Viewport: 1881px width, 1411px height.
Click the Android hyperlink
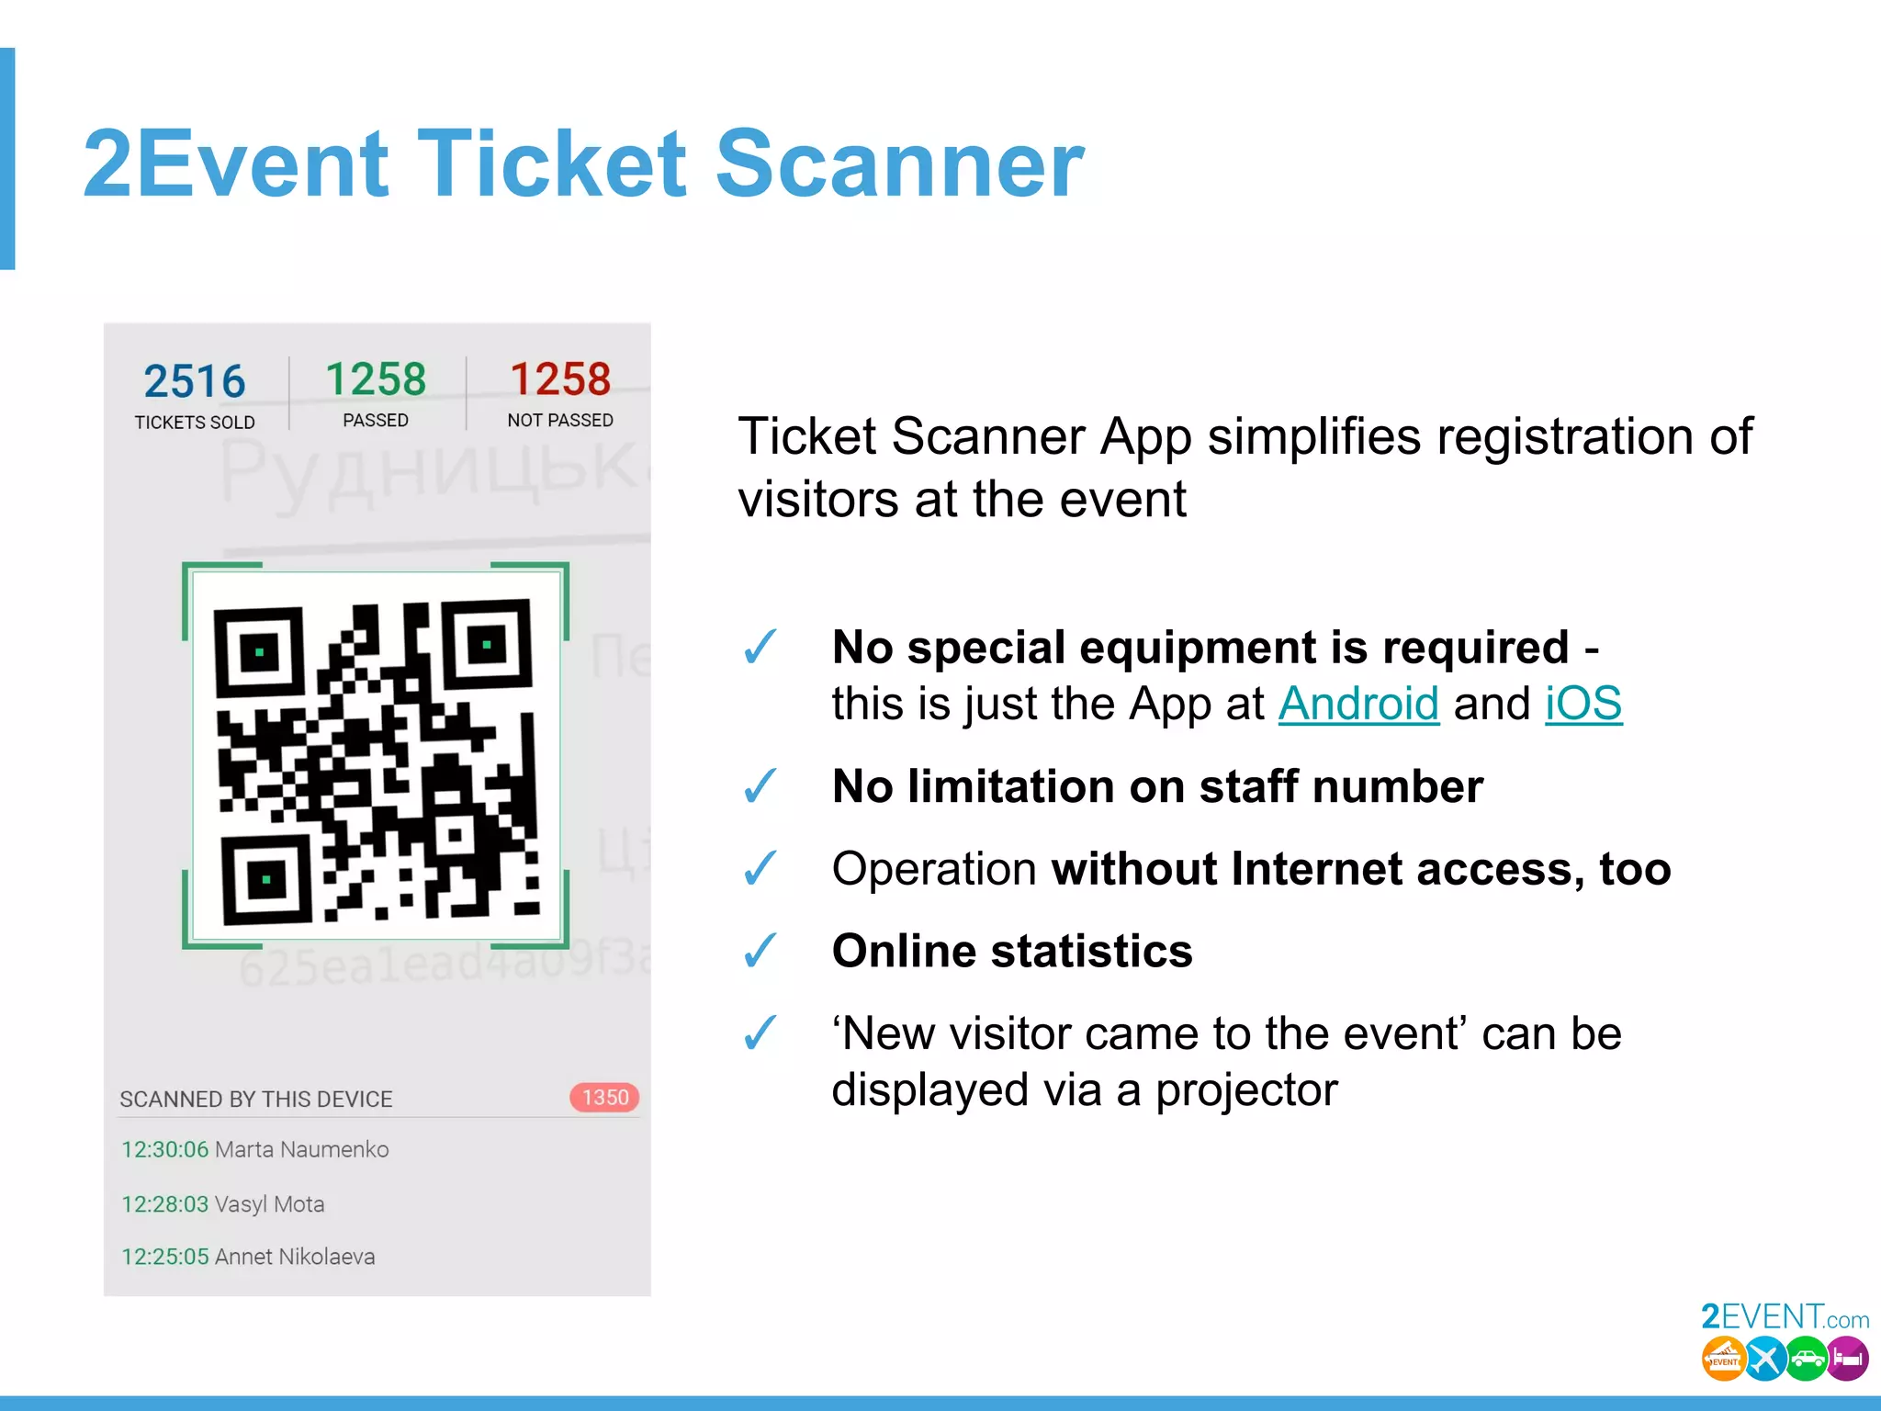pyautogui.click(x=1357, y=705)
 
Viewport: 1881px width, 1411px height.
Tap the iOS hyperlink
pyautogui.click(x=1583, y=705)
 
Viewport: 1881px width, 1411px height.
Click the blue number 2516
pyautogui.click(x=195, y=381)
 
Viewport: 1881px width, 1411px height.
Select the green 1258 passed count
pyautogui.click(x=376, y=379)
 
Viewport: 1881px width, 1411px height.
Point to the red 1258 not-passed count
pyautogui.click(x=560, y=379)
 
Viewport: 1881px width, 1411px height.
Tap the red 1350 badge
pyautogui.click(x=604, y=1097)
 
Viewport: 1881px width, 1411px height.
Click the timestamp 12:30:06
pyautogui.click(x=165, y=1149)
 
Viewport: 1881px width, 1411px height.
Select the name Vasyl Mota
pyautogui.click(x=269, y=1203)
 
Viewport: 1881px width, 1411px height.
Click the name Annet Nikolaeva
pyautogui.click(x=294, y=1257)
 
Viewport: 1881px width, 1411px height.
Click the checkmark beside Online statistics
pyautogui.click(x=760, y=951)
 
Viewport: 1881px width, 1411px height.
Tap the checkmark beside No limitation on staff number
pyautogui.click(x=760, y=786)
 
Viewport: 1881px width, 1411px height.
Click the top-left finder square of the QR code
pyautogui.click(x=260, y=652)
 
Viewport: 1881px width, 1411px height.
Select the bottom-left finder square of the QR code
pyautogui.click(x=266, y=879)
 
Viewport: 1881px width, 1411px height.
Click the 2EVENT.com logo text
pyautogui.click(x=1784, y=1317)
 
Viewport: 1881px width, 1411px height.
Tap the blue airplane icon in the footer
pyautogui.click(x=1764, y=1360)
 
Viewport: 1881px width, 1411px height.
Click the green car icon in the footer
pyautogui.click(x=1806, y=1360)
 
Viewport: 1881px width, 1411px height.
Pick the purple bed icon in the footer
pyautogui.click(x=1847, y=1360)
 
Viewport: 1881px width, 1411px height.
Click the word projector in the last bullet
pyautogui.click(x=1245, y=1090)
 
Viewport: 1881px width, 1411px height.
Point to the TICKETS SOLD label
pyautogui.click(x=195, y=423)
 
